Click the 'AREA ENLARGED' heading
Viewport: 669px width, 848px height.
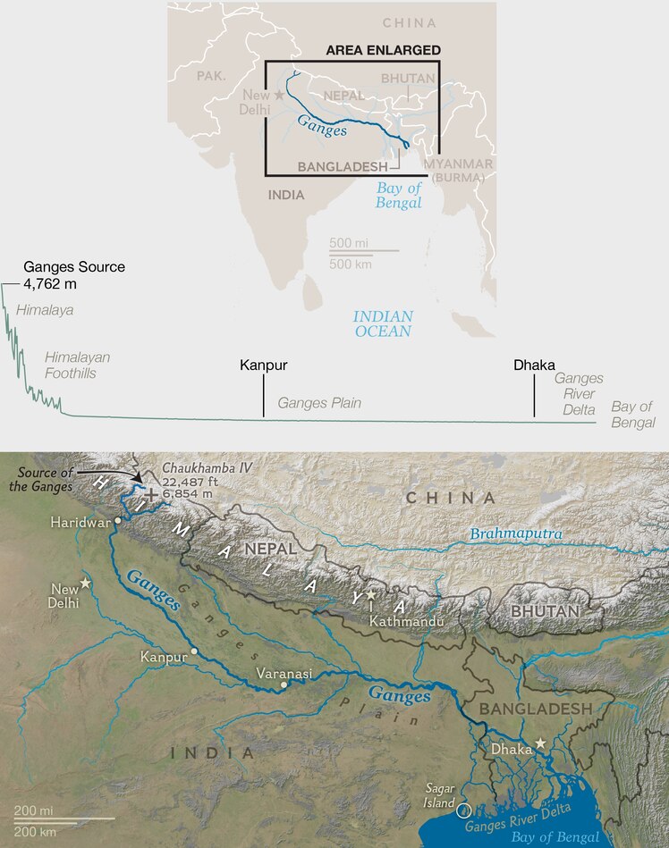click(x=383, y=51)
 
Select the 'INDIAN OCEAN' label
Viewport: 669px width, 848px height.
click(x=382, y=323)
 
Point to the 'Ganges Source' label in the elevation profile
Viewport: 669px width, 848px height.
click(x=74, y=266)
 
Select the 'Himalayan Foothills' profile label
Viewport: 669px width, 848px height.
click(x=78, y=365)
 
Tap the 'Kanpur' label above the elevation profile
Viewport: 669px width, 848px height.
click(x=263, y=365)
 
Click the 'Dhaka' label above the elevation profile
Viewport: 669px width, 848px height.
click(x=534, y=365)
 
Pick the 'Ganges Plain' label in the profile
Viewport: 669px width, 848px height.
click(x=319, y=403)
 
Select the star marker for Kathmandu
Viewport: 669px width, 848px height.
click(x=371, y=594)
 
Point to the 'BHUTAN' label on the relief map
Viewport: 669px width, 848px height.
click(x=545, y=610)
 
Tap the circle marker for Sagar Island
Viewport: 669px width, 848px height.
click(x=462, y=810)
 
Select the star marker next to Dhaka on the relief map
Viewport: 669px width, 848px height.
click(x=540, y=743)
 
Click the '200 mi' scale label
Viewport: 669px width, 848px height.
click(x=33, y=810)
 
